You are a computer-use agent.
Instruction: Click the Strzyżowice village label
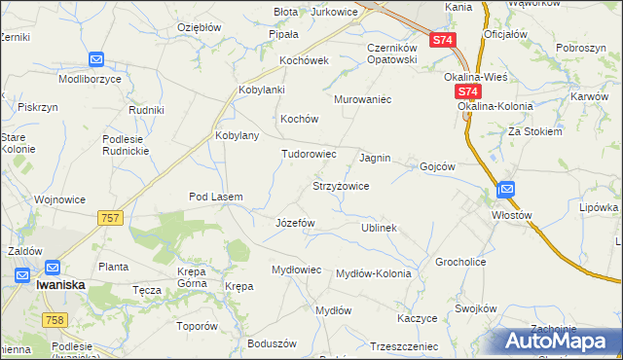click(x=340, y=185)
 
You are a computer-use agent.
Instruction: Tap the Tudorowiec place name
click(x=309, y=154)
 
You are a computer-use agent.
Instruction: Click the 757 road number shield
click(x=110, y=218)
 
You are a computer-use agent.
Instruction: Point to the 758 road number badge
click(x=55, y=320)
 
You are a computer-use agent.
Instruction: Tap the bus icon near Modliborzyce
click(x=95, y=59)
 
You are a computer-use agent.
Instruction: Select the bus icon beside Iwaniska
click(x=23, y=274)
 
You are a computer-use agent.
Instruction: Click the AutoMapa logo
click(x=559, y=341)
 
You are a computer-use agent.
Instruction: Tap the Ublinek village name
click(x=379, y=227)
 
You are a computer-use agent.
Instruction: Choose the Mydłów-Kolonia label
click(x=373, y=273)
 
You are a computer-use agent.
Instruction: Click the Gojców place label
click(x=437, y=166)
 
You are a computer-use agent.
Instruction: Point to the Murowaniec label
click(x=362, y=99)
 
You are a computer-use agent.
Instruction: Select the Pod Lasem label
click(x=215, y=197)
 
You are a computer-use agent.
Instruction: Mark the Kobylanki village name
click(x=261, y=90)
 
